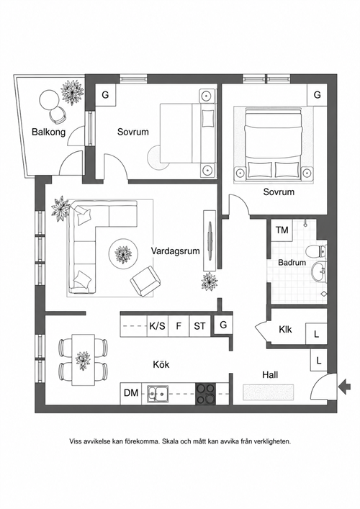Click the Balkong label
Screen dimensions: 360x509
[48, 132]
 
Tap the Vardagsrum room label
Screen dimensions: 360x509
[175, 251]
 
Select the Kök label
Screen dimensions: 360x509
[161, 364]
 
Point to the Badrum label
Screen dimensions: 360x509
[292, 262]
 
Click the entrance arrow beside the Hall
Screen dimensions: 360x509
[344, 387]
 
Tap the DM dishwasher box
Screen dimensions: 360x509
[131, 393]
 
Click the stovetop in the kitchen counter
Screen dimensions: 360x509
[205, 393]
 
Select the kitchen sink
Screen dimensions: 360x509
[157, 393]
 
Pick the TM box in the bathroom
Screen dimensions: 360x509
[282, 230]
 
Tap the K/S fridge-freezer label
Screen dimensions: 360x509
[158, 325]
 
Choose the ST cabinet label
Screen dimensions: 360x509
[199, 325]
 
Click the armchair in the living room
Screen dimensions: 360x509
[145, 281]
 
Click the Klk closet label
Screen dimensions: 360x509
[285, 329]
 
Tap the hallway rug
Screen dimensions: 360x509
[269, 392]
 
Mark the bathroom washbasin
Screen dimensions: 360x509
[319, 271]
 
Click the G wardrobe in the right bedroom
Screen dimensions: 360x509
[317, 94]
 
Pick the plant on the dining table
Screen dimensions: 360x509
[83, 360]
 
